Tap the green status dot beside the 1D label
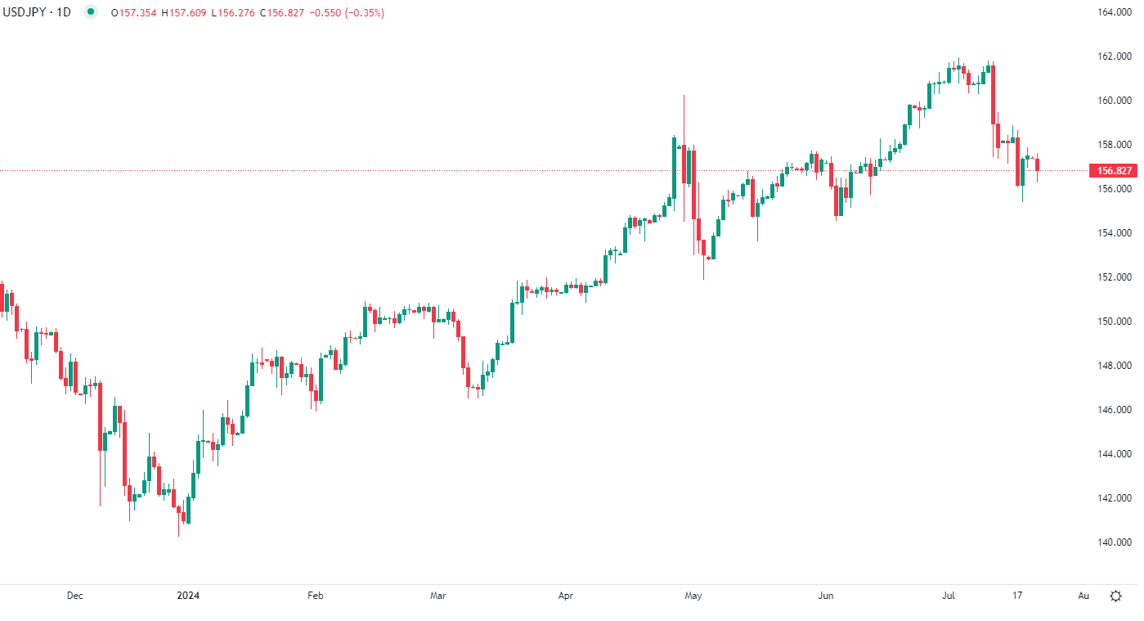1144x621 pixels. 90,12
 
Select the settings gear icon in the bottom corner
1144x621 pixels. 1115,596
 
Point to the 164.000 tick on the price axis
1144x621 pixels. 1115,12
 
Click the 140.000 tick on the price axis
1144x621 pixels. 1115,542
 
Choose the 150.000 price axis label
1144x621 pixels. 1115,321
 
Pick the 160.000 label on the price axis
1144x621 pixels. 1115,101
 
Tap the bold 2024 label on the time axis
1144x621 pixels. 188,596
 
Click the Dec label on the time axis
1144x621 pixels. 74,596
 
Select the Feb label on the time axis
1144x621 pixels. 316,596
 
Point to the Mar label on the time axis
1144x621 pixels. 437,596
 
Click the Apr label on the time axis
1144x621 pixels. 565,596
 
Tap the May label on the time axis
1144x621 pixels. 693,596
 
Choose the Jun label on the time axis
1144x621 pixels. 826,596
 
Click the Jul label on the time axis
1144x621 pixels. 949,596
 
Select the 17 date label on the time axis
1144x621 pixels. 1017,596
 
